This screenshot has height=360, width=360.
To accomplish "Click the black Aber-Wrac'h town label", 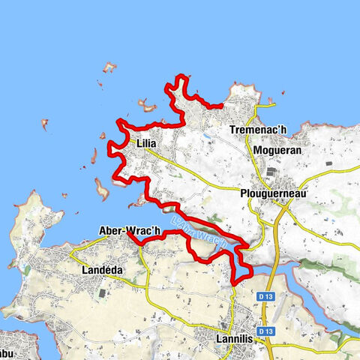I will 129,231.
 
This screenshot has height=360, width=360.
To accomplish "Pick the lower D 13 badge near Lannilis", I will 264,331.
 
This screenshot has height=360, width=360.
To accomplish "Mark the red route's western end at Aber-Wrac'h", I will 128,233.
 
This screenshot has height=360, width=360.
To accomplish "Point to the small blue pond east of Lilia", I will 204,138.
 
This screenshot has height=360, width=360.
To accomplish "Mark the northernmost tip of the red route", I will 181,76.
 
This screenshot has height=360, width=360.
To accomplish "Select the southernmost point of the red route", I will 235,283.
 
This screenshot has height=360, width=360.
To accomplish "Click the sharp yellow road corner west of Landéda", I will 69,253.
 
